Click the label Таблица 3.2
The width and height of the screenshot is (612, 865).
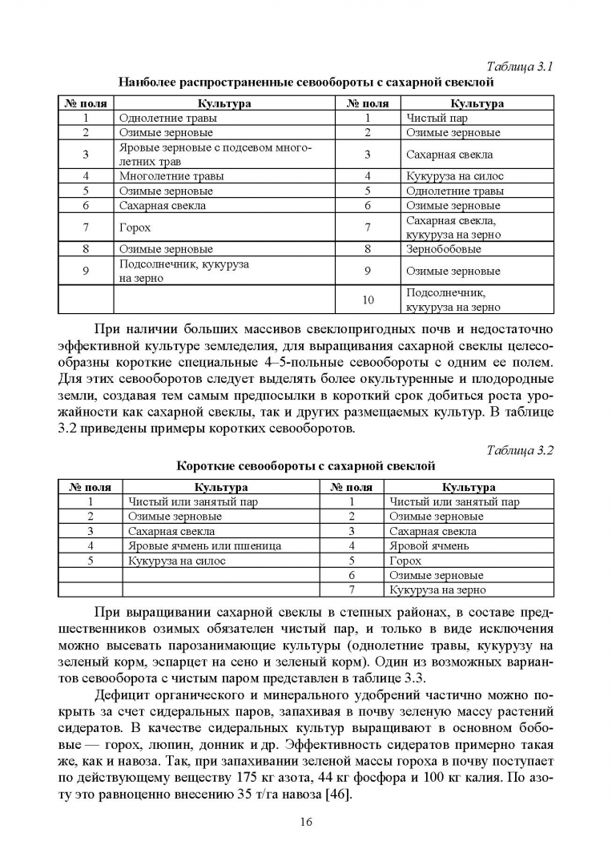pos(521,450)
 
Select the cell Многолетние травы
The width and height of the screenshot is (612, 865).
pos(171,176)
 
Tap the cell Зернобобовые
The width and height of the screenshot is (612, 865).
pos(444,249)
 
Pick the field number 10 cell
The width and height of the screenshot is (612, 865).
pos(368,300)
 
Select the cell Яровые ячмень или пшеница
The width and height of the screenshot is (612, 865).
pos(204,545)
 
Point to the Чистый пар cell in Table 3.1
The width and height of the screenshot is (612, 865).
pos(437,118)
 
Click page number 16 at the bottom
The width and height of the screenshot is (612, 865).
pos(306,821)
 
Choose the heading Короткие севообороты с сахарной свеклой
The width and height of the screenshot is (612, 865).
pos(305,465)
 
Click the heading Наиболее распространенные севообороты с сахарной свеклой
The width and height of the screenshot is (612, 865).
pos(305,82)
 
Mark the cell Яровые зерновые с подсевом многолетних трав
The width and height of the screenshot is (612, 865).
pos(215,155)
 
